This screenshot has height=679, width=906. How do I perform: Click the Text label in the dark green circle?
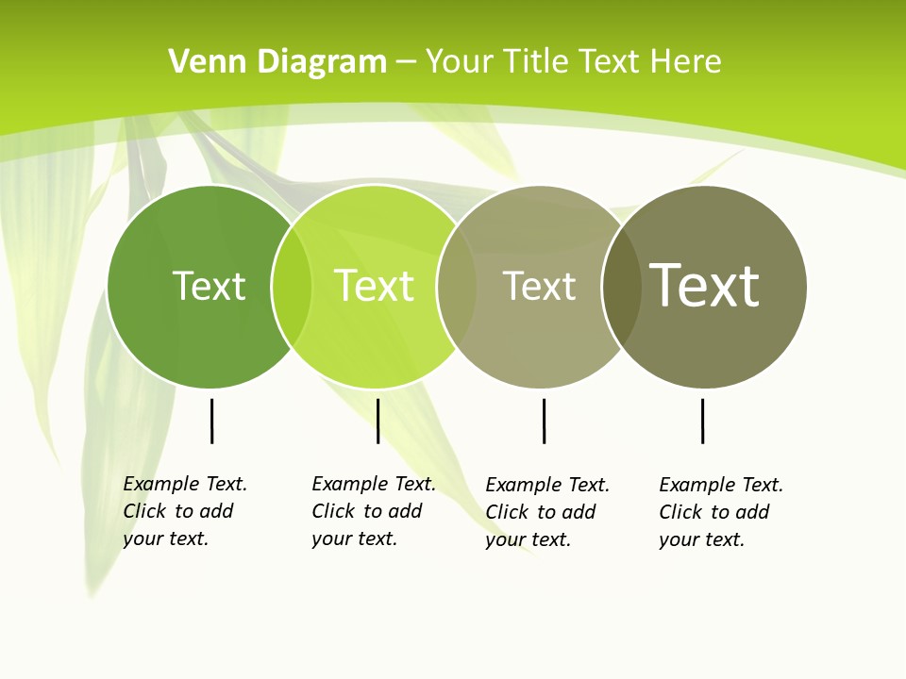click(209, 286)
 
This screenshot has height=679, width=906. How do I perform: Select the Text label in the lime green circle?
click(375, 286)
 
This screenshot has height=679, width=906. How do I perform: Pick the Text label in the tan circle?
click(539, 287)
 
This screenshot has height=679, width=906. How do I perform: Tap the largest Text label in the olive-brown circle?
click(705, 285)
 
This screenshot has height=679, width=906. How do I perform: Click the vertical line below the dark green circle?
click(211, 421)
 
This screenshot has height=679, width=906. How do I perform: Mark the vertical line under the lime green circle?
click(377, 421)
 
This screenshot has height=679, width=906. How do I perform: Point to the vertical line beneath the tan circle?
click(544, 421)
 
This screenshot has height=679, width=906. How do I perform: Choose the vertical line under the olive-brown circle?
click(702, 421)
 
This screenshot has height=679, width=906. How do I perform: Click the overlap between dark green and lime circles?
click(292, 287)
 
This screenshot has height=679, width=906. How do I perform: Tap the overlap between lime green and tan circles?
click(457, 287)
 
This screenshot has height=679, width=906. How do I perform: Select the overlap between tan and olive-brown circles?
click(621, 287)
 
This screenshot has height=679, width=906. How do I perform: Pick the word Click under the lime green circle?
click(333, 511)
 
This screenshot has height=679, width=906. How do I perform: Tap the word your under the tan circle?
click(505, 539)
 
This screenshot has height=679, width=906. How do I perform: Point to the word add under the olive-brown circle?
click(752, 512)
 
